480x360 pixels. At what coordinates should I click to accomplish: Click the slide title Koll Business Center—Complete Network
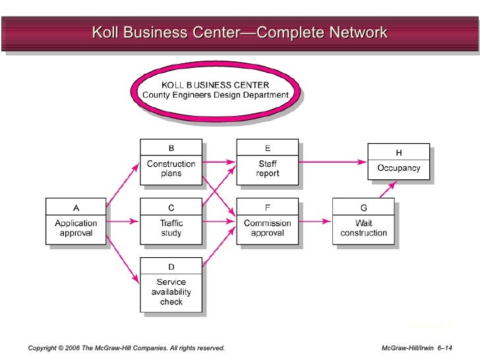pos(239,32)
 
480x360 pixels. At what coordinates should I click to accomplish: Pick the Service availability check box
pos(171,285)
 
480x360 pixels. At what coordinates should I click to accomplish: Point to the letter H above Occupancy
pos(398,152)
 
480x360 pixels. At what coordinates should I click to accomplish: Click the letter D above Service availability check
pos(171,266)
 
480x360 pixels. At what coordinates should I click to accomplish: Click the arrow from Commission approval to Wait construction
pos(315,222)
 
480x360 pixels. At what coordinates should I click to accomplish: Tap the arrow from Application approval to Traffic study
pos(123,222)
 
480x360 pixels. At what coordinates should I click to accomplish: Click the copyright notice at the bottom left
pos(127,347)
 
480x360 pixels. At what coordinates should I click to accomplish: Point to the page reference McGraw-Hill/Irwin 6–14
pos(421,347)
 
